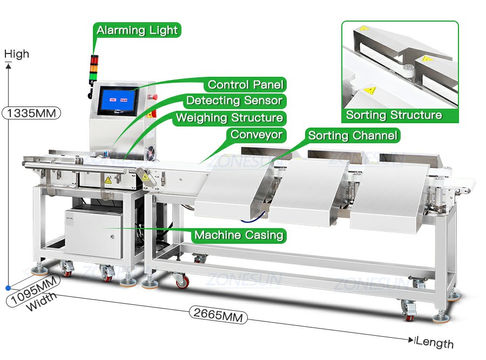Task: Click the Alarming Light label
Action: point(137,30)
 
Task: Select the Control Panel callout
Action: point(245,84)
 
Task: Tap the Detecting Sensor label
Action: point(234,101)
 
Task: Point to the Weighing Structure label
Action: point(230,118)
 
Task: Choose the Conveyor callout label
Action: point(256,135)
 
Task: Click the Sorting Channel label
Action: point(353,135)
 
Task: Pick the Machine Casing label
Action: point(239,235)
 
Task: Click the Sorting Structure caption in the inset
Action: point(394,115)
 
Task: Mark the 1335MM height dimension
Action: point(31,113)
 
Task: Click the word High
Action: point(17,54)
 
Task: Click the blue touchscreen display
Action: point(118,100)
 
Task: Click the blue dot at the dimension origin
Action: point(8,288)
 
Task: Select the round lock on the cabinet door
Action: point(112,237)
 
